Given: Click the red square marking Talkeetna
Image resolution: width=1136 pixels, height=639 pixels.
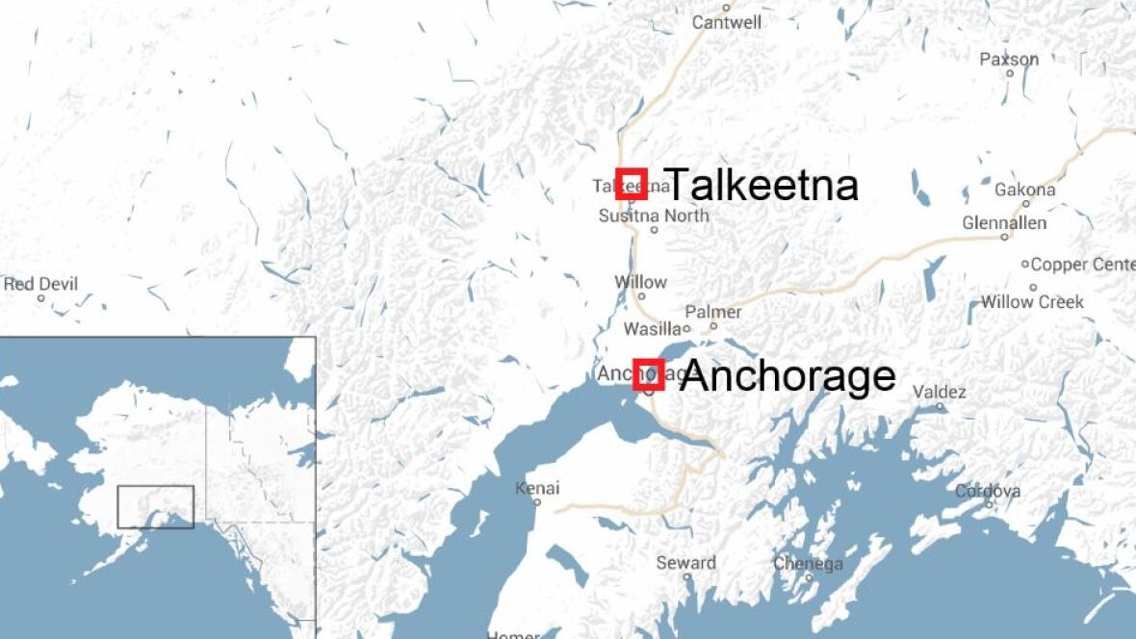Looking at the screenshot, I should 631,183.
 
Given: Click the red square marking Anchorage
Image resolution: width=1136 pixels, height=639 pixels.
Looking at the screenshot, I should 649,374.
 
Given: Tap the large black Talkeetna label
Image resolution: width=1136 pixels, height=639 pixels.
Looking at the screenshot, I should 761,184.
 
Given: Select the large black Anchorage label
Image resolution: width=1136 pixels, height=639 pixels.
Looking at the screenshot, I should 787,376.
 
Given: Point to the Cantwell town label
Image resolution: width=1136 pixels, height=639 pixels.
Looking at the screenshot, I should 727,22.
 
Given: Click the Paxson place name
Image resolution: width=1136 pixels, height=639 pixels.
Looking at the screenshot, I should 1009,60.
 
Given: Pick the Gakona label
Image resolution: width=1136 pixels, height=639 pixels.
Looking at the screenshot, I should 1024,190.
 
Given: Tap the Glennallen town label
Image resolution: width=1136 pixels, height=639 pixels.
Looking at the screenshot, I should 1004,223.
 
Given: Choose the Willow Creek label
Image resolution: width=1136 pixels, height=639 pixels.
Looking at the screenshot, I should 1032,302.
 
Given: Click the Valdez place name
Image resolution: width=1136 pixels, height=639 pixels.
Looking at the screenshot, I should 939,392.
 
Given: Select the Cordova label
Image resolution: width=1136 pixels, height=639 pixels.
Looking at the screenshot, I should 988,492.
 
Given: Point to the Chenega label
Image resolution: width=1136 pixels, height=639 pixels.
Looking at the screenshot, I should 808,564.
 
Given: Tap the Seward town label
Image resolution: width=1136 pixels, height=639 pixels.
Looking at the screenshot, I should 686,563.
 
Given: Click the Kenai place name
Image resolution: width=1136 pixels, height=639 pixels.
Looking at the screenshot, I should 537,489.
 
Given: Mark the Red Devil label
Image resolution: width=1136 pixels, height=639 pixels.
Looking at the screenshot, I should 40,285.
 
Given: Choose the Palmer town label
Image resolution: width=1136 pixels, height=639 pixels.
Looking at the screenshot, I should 713,312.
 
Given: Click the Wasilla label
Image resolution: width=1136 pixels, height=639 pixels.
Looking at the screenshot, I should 653,329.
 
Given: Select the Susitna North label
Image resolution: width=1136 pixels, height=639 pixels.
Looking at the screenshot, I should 654,216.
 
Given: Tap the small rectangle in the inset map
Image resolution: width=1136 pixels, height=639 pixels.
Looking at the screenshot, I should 156,506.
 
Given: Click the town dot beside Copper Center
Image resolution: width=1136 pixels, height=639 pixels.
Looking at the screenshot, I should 1025,264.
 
